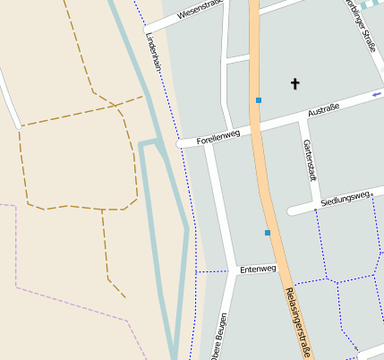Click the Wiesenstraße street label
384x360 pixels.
pyautogui.click(x=199, y=11)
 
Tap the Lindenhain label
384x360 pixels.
pyautogui.click(x=154, y=52)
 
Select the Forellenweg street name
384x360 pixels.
pyautogui.click(x=218, y=135)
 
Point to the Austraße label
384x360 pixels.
pyautogui.click(x=323, y=112)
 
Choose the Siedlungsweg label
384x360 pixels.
pyautogui.click(x=348, y=196)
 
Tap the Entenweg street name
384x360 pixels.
pyautogui.click(x=258, y=268)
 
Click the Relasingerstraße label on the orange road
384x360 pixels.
pyautogui.click(x=298, y=323)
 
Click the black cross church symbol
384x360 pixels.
pyautogui.click(x=295, y=84)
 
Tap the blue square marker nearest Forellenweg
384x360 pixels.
pyautogui.click(x=259, y=100)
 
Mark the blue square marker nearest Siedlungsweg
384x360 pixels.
pyautogui.click(x=268, y=233)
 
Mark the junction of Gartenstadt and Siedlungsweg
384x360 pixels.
pyautogui.click(x=315, y=204)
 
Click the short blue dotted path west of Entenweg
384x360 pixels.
pyautogui.click(x=213, y=270)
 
